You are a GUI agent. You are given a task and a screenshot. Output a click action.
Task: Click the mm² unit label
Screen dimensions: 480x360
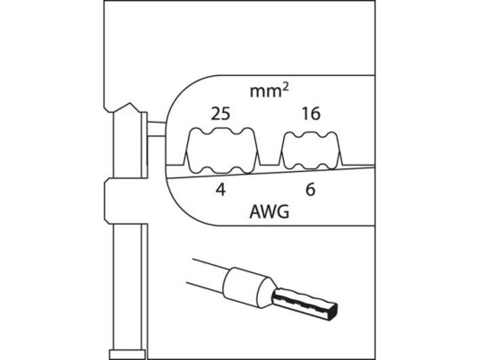(x=270, y=91)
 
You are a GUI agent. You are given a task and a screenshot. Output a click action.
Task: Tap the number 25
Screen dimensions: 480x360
(x=220, y=114)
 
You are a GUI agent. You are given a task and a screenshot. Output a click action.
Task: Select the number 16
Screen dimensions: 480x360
(x=311, y=114)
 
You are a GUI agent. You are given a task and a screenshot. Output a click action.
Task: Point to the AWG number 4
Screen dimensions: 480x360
(x=220, y=190)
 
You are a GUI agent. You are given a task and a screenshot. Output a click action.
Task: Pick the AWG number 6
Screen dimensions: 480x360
(x=311, y=190)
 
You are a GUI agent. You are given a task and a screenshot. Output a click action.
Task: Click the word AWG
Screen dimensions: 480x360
(x=269, y=211)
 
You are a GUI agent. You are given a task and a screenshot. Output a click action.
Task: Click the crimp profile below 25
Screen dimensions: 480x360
(x=221, y=151)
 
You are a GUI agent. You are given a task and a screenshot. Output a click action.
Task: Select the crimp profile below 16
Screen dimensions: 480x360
(x=311, y=150)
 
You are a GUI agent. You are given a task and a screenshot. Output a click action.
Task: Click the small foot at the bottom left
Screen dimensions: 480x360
(x=127, y=355)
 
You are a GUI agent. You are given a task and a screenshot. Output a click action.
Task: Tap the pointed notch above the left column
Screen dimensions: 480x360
(x=130, y=106)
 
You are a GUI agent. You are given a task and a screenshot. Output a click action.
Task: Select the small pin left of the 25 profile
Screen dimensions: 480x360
(x=157, y=129)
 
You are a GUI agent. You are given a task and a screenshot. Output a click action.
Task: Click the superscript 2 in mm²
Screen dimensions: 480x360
(x=286, y=88)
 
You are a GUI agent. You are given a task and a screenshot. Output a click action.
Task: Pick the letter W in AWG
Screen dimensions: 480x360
(x=269, y=211)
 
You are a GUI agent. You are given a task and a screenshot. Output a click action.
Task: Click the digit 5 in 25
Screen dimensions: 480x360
(x=226, y=114)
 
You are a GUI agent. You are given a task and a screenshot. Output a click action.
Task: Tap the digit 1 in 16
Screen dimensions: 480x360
(x=305, y=114)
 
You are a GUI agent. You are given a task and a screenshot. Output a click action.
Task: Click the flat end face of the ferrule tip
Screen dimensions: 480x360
(x=332, y=313)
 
